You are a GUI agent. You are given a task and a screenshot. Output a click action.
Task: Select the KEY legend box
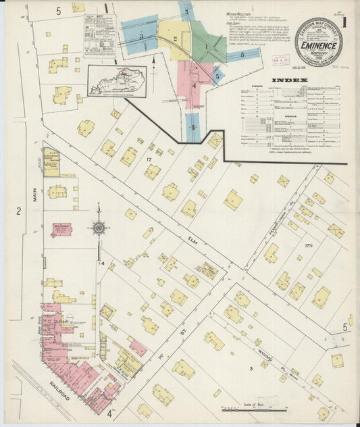point(99,34)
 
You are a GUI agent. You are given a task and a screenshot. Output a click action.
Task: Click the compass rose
point(99,228)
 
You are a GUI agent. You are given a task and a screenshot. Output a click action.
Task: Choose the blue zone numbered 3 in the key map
point(140,36)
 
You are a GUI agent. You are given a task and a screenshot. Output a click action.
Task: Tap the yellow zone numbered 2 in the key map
point(174,39)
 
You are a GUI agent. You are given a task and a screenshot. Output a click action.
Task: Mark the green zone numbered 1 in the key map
point(207,45)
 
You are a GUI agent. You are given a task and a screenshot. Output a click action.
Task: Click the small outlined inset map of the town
point(116,81)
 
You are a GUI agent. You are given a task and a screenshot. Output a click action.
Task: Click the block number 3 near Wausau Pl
point(251,368)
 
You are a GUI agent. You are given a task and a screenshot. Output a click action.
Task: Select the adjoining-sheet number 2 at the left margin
point(19,211)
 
